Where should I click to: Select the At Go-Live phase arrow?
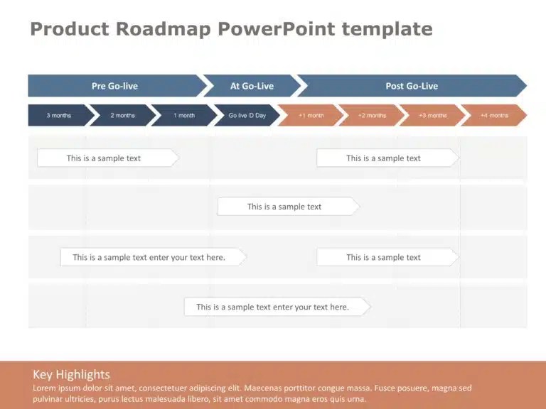(252, 85)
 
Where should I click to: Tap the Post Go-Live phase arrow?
(412, 85)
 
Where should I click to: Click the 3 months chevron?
(59, 115)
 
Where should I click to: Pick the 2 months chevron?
(122, 115)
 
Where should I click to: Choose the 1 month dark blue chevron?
(184, 115)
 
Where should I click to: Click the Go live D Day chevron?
(247, 115)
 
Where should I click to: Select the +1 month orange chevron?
(311, 115)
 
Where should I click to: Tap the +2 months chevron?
(372, 115)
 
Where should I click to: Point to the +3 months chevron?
(433, 115)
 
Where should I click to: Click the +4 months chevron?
(494, 115)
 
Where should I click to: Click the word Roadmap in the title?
(163, 28)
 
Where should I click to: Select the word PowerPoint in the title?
(276, 28)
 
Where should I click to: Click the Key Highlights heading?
(71, 375)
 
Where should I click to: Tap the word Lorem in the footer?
(44, 388)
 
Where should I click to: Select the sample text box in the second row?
(289, 207)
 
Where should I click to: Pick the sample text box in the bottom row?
(277, 307)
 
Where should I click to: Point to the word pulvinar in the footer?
(48, 399)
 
